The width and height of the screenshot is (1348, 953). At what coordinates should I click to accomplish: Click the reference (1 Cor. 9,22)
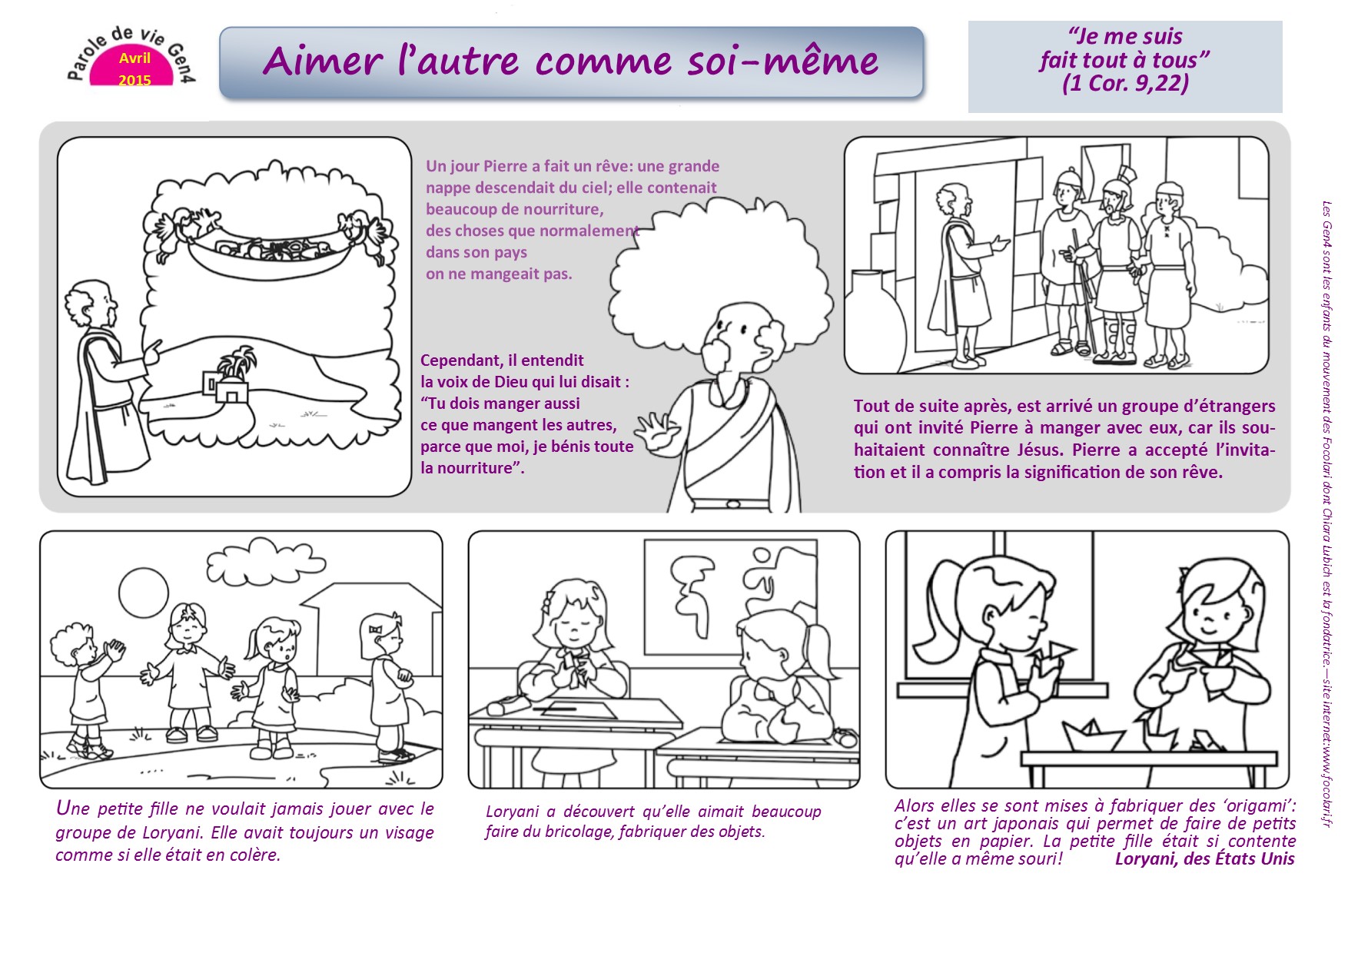click(1125, 83)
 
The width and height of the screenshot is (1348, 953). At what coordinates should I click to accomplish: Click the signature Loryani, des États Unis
click(1204, 858)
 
